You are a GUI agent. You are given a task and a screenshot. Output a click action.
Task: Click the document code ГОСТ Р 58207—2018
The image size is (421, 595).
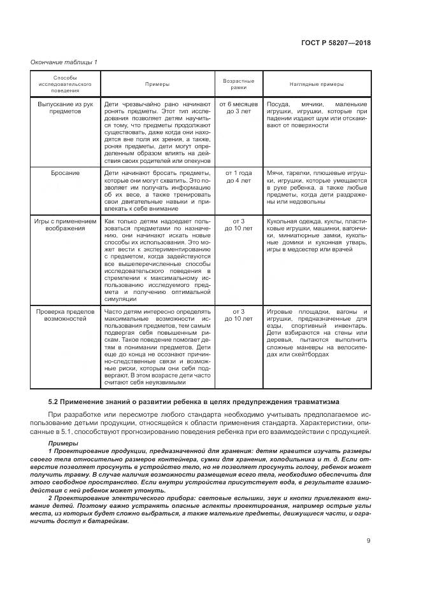pos(336,43)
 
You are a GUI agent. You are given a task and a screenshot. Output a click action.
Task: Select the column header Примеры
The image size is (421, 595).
pos(157,84)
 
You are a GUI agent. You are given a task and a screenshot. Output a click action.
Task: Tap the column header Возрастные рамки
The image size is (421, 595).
pos(238,84)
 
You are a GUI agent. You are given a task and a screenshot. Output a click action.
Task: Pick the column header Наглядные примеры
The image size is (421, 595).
pos(317,84)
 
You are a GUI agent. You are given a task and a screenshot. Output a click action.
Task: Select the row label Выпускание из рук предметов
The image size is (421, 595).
pos(66,106)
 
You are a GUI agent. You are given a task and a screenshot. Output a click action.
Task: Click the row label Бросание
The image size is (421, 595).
pos(66,172)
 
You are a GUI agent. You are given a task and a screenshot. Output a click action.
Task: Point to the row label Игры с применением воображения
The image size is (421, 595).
pos(66,225)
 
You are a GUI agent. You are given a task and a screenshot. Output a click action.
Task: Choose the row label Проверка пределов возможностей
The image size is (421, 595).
pos(66,315)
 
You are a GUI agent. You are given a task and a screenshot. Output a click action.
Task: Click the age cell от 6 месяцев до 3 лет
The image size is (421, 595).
pos(238,106)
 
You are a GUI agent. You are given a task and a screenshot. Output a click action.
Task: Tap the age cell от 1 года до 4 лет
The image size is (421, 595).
pos(238,176)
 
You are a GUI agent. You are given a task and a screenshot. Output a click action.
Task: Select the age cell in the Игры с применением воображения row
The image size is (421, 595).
pos(238,225)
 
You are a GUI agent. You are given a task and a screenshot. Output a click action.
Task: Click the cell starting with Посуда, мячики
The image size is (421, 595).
pos(317,115)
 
